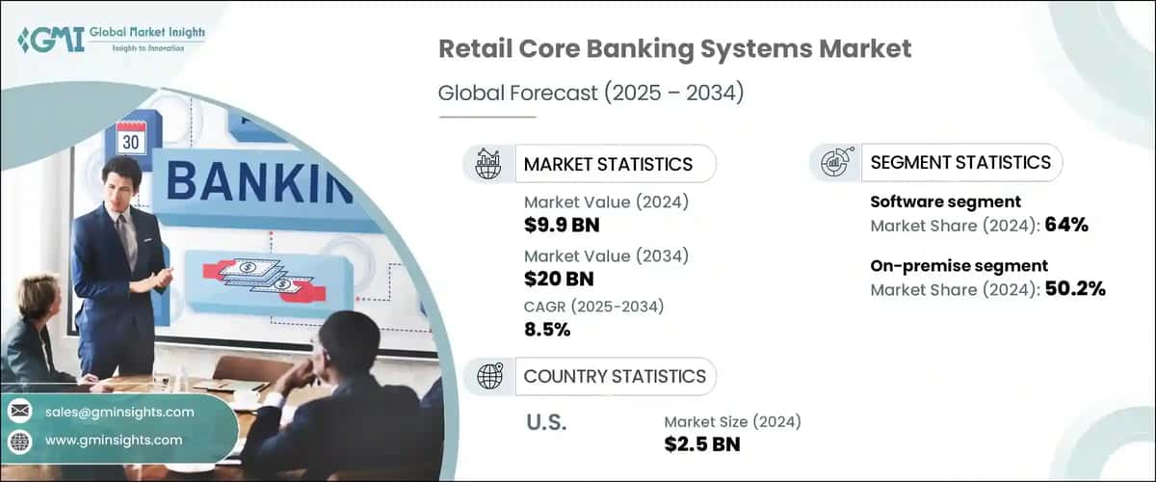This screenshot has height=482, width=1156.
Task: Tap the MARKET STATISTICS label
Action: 607,164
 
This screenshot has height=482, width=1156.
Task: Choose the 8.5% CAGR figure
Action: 547,330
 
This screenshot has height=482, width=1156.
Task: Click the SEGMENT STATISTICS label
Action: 959,163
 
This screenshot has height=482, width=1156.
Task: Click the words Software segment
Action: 932,202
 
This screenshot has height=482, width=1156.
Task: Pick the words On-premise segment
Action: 945,265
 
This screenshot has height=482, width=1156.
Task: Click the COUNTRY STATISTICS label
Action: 614,376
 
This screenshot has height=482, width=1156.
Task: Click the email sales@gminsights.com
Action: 118,412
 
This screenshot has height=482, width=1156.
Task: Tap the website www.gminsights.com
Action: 113,441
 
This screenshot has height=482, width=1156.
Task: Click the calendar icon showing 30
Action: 130,140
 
